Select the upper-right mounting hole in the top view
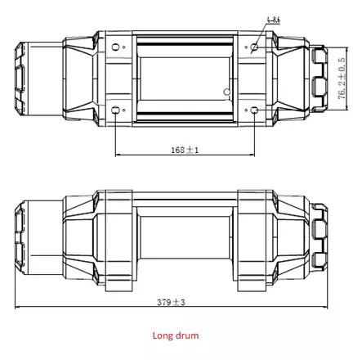(x=256, y=47)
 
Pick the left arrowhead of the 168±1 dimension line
(x=119, y=155)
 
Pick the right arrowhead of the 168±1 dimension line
(x=253, y=155)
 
